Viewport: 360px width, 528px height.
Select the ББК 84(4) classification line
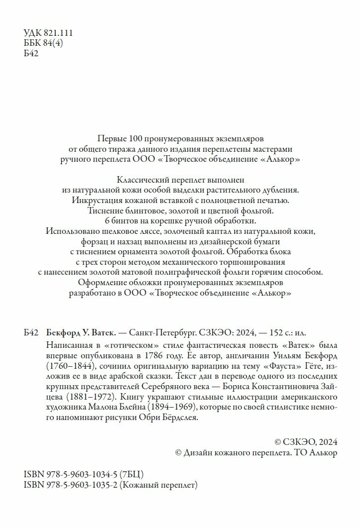click(43, 43)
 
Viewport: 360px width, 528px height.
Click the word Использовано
click(69, 231)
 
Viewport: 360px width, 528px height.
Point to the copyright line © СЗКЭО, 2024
click(306, 441)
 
